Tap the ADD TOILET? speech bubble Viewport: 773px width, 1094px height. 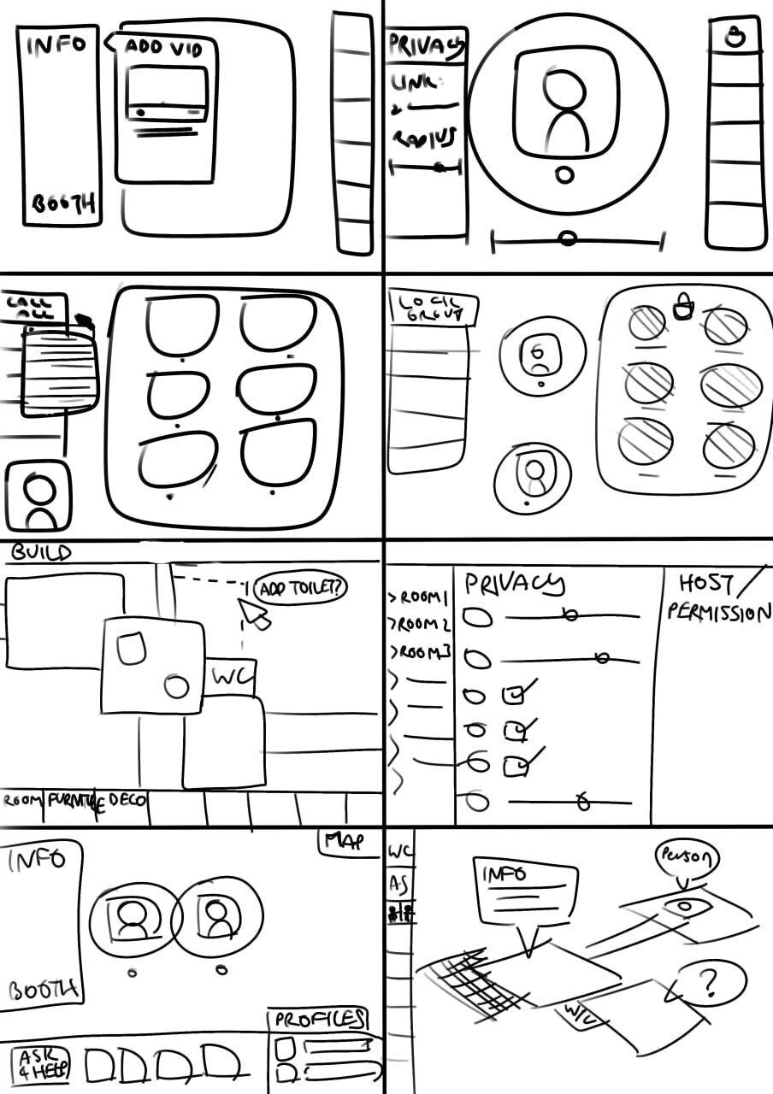click(x=302, y=589)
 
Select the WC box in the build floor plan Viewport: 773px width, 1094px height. click(x=233, y=678)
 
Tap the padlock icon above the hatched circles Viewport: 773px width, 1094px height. click(x=682, y=308)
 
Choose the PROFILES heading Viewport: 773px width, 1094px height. click(x=319, y=1019)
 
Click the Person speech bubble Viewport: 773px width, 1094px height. click(x=686, y=856)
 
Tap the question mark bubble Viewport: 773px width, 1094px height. click(x=709, y=984)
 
